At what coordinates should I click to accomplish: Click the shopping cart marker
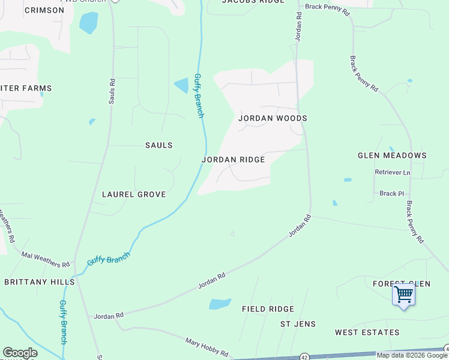pos(403,295)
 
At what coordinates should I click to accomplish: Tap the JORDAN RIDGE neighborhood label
pos(233,160)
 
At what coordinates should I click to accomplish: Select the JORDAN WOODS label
pos(273,118)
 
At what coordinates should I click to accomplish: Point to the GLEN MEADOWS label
pos(392,155)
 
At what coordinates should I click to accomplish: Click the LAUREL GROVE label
pos(133,195)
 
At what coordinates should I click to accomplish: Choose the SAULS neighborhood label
pos(159,145)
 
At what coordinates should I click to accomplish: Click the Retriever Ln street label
pos(392,173)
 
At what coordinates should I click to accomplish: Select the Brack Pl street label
pos(391,194)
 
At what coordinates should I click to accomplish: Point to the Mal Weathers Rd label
pos(46,259)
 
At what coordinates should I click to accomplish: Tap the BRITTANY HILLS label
pos(40,281)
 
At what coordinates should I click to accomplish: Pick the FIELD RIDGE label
pos(268,309)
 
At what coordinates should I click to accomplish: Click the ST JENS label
pos(298,325)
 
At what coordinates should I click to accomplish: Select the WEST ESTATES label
pos(367,332)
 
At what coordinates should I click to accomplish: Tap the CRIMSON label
pos(44,10)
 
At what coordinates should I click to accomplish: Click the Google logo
pos(20,353)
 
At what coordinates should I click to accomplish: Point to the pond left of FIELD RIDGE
pos(220,304)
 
